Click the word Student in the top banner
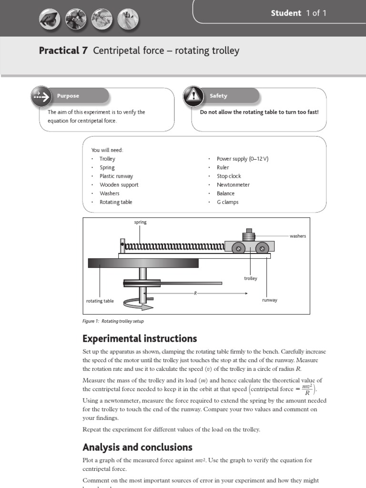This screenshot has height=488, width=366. click(x=286, y=13)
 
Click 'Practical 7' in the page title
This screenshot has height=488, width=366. click(x=63, y=51)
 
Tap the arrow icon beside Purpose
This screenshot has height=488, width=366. click(x=41, y=96)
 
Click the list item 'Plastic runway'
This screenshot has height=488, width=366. click(x=116, y=176)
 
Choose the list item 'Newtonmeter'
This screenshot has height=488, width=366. click(x=233, y=185)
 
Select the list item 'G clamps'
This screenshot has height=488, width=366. click(x=227, y=202)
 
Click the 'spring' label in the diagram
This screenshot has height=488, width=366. click(x=140, y=223)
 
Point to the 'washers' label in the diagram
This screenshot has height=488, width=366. click(x=298, y=236)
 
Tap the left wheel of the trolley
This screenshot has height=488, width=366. click(x=239, y=248)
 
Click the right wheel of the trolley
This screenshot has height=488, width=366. click(x=261, y=248)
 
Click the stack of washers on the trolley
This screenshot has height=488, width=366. click(x=248, y=235)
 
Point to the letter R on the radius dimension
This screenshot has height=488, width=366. click(x=195, y=293)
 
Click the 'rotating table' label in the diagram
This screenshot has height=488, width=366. click(x=100, y=301)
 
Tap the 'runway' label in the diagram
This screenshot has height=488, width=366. click(x=270, y=300)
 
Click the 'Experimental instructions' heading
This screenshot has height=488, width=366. click(x=139, y=339)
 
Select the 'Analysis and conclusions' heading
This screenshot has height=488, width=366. click(x=137, y=447)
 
